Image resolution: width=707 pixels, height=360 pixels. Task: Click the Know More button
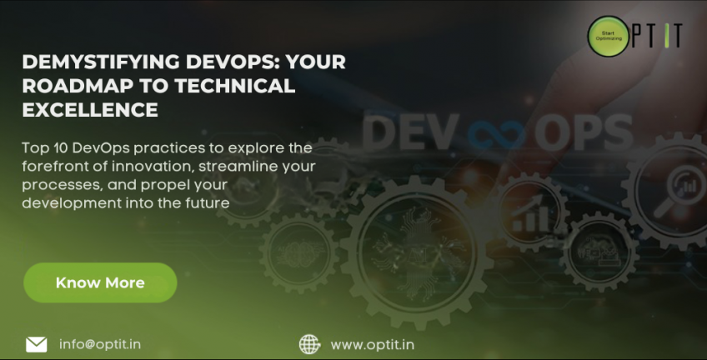click(x=100, y=282)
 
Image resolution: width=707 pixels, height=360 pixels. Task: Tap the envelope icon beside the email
click(x=36, y=343)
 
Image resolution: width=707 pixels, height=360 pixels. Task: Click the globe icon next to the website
click(x=309, y=343)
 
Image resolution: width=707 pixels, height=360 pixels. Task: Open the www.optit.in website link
click(x=373, y=343)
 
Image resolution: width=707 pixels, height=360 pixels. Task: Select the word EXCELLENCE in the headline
click(x=89, y=109)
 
